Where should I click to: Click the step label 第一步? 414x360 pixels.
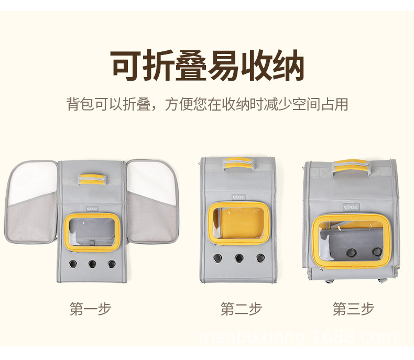[91, 309]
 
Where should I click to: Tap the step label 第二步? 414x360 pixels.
[241, 309]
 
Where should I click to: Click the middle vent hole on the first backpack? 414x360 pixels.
[92, 264]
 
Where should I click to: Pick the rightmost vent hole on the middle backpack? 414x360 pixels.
[260, 258]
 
